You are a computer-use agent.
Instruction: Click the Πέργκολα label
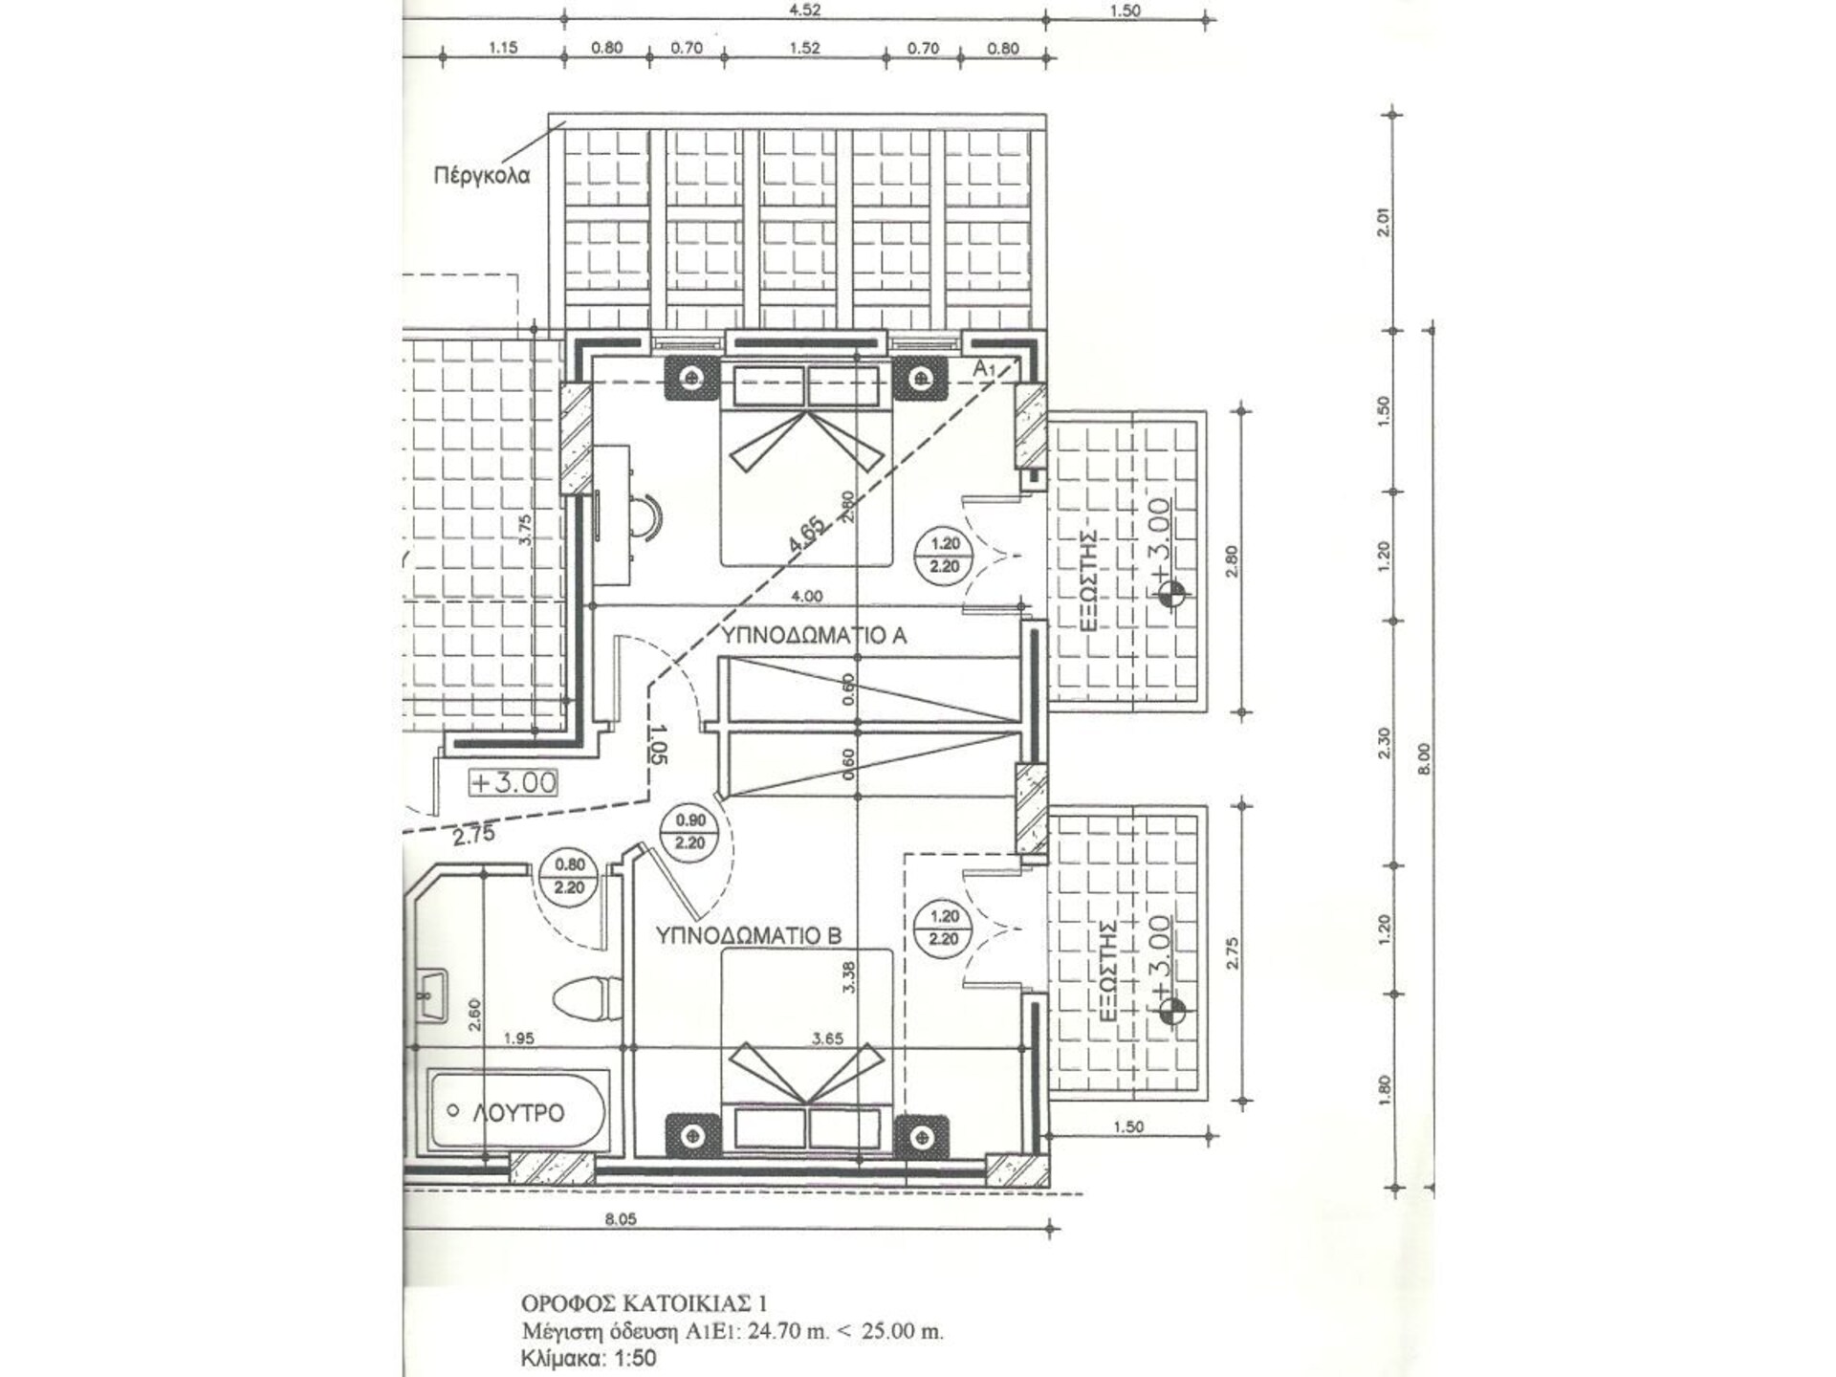pos(481,176)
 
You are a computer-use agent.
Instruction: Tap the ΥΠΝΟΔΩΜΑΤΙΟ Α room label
pos(813,635)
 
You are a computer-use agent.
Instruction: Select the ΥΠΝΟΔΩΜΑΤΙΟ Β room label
pos(749,935)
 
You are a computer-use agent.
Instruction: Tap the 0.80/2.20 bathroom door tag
pos(569,876)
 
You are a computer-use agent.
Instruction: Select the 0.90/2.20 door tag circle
pos(689,831)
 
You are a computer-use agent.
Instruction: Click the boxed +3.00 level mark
pos(513,782)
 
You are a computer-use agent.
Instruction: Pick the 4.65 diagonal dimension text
pos(805,534)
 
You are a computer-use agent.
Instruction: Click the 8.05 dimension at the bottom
pos(621,1219)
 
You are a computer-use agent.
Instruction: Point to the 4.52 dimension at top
pos(804,11)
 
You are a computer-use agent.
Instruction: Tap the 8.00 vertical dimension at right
pos(1425,758)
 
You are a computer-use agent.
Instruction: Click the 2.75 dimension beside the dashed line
pos(474,835)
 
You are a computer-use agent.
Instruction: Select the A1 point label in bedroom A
pos(985,368)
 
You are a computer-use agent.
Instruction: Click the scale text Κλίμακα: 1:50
pos(589,1358)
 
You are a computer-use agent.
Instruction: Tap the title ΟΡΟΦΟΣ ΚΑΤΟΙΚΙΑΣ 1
pos(645,1303)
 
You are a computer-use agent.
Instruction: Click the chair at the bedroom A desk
pos(651,520)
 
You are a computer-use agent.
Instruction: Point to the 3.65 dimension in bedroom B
pos(828,1038)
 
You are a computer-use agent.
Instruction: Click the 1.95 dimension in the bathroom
pos(518,1038)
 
